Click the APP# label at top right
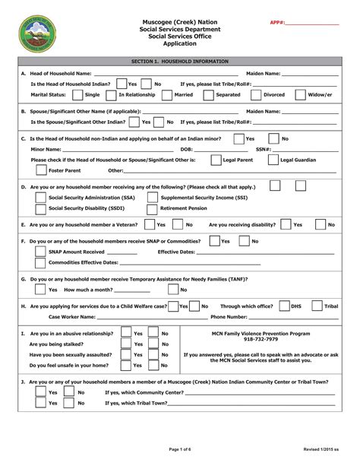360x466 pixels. tap(277, 23)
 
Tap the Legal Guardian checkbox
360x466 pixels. tap(273, 161)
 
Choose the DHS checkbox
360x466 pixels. tap(285, 306)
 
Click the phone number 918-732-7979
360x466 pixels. tap(261, 339)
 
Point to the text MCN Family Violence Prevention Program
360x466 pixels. tap(261, 333)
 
